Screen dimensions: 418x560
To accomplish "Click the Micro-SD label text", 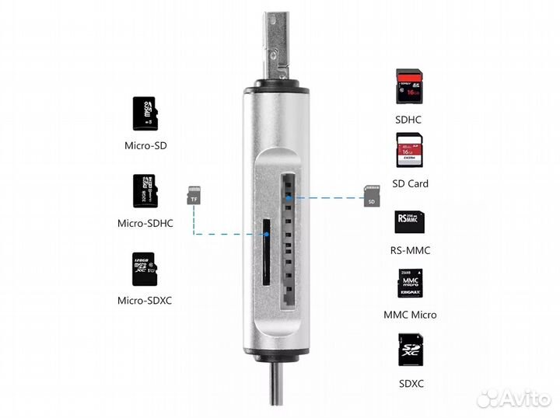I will [145, 145].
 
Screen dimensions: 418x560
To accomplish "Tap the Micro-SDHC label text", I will [145, 224].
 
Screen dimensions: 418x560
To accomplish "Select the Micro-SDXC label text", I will [145, 301].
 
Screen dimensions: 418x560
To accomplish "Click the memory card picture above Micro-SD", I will [145, 114].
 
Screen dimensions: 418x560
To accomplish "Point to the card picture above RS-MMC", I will [410, 223].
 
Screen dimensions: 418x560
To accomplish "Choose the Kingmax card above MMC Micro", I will [410, 284].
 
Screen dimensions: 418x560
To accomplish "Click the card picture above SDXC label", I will [410, 351].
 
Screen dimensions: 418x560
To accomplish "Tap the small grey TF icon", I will [193, 196].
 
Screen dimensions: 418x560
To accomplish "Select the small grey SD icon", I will [372, 197].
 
